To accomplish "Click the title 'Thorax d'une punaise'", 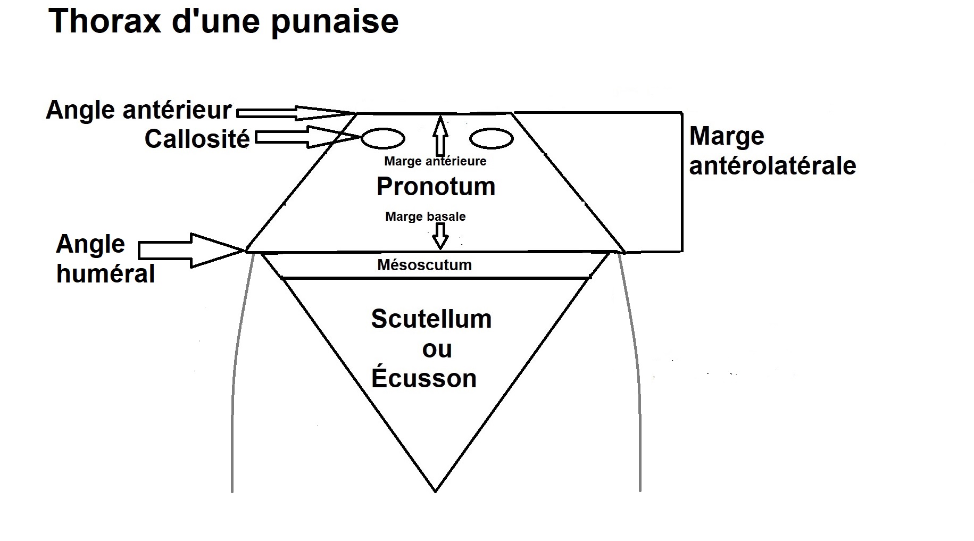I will (x=223, y=21).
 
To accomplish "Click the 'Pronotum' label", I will (x=436, y=187).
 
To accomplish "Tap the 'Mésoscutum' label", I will (x=424, y=265).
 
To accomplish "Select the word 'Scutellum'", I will (x=431, y=319).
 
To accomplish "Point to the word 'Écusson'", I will (x=424, y=378).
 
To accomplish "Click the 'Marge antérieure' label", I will (x=435, y=161).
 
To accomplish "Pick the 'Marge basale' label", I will (x=425, y=217).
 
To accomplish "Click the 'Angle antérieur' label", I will (x=139, y=110).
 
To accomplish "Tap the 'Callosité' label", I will (x=197, y=139).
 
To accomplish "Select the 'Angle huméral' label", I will (x=105, y=259).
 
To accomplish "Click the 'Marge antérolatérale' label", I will (x=772, y=151).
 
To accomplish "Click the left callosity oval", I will (x=383, y=139).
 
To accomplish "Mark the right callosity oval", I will (x=492, y=139).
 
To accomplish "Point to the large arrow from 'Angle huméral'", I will (x=192, y=250).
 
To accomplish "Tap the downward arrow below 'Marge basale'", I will (x=440, y=236).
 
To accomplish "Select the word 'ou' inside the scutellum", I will (x=437, y=349).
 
